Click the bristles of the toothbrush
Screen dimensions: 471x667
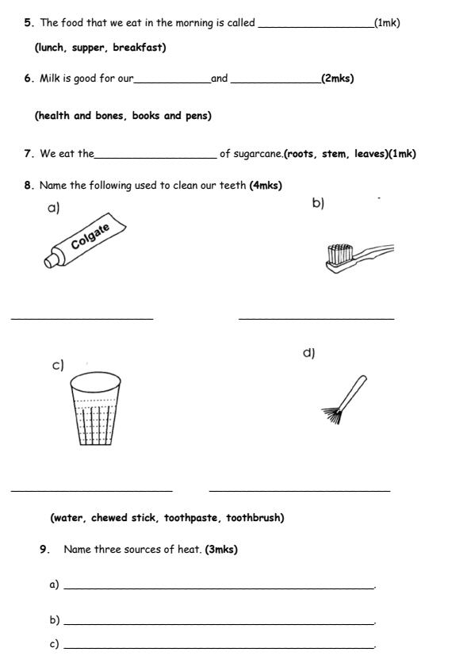339,254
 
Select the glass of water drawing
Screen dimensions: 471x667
95,409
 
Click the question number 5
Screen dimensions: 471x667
28,23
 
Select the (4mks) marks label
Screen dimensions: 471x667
266,186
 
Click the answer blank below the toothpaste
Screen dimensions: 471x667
82,319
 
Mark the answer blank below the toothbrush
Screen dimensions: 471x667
316,319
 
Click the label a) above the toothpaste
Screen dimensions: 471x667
54,209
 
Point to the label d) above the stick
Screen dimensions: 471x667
308,353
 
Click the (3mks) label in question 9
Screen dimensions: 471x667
221,549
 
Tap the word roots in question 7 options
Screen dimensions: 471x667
301,154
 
